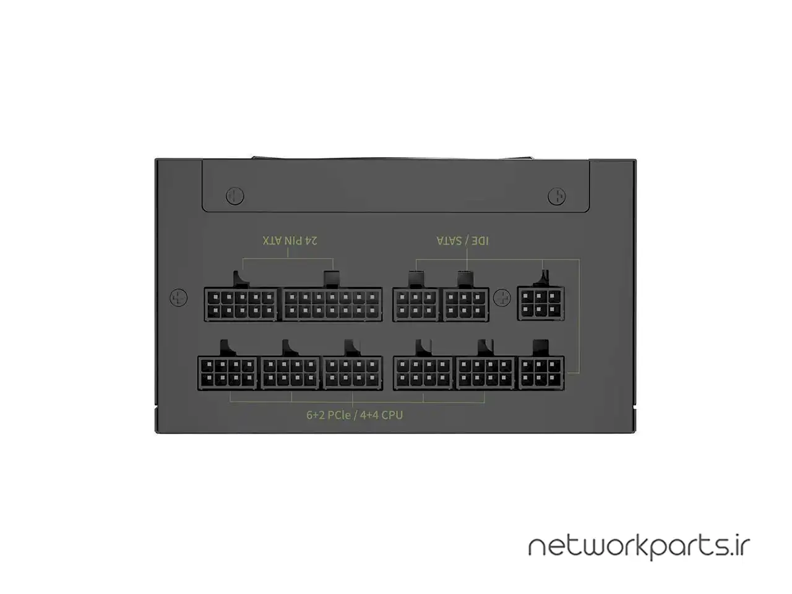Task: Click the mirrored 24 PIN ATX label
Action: point(290,239)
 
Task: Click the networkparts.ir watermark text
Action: point(639,548)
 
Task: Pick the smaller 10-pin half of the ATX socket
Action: point(241,304)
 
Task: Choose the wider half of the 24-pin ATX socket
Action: point(331,304)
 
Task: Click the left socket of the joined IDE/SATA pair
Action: point(416,304)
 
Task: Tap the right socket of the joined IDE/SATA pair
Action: point(465,304)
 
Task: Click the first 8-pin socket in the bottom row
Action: point(227,372)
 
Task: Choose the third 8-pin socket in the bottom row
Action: point(353,372)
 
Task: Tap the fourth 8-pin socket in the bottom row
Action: point(424,372)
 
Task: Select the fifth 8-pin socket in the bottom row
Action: point(486,372)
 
